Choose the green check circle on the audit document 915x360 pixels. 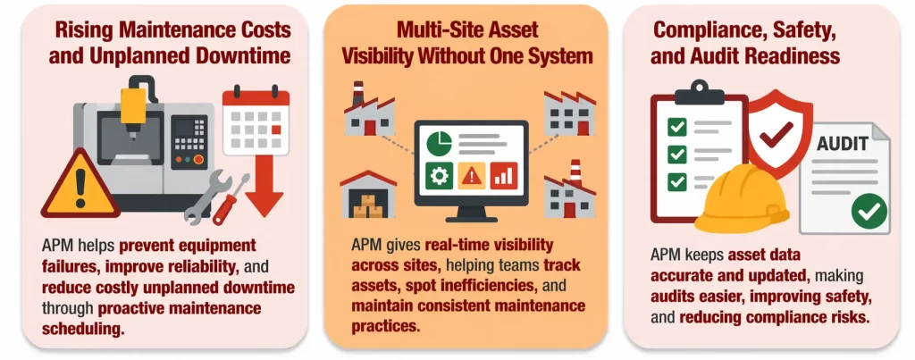[x=869, y=211]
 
